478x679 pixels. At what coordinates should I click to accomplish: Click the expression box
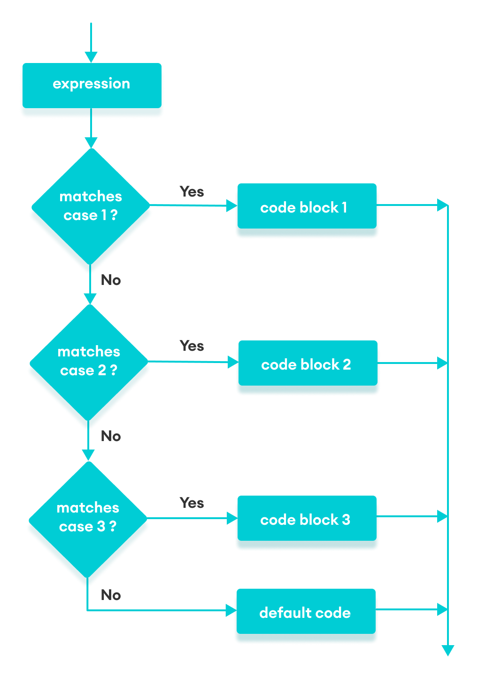pos(92,85)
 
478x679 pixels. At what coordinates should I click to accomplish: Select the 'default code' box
pos(306,613)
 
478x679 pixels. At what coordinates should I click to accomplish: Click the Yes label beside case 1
pos(192,192)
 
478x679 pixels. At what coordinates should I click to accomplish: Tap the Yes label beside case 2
pos(192,346)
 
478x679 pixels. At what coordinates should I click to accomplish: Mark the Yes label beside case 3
pos(192,503)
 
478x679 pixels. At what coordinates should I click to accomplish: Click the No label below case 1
pos(111,280)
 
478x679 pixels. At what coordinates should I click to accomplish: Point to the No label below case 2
pos(111,436)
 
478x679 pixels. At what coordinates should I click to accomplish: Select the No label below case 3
pos(111,595)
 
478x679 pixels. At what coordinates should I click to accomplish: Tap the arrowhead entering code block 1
pos(231,205)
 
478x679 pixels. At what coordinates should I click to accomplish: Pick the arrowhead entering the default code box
pos(231,610)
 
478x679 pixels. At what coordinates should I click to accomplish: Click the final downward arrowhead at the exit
pos(448,650)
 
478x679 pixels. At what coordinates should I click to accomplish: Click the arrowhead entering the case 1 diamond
pos(91,142)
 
